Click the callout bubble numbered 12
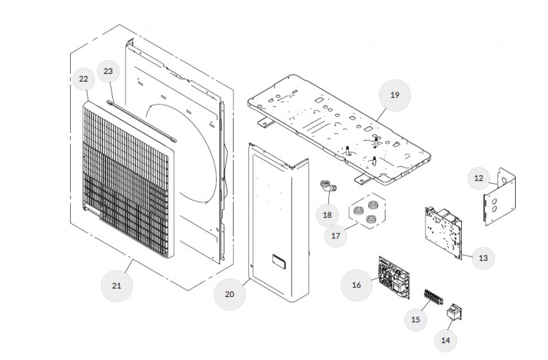pyautogui.click(x=479, y=178)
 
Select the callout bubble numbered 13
pyautogui.click(x=483, y=258)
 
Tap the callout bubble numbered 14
pyautogui.click(x=446, y=339)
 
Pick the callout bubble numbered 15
pyautogui.click(x=416, y=318)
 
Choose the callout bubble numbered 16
pyautogui.click(x=356, y=285)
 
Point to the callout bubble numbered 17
pyautogui.click(x=335, y=236)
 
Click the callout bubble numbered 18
pyautogui.click(x=327, y=215)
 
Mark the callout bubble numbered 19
pyautogui.click(x=394, y=95)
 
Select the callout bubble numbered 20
pyautogui.click(x=229, y=293)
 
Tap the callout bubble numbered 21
pyautogui.click(x=117, y=285)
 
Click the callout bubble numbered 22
pyautogui.click(x=84, y=78)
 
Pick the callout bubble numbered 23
pyautogui.click(x=108, y=72)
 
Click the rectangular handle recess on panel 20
pyautogui.click(x=276, y=260)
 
